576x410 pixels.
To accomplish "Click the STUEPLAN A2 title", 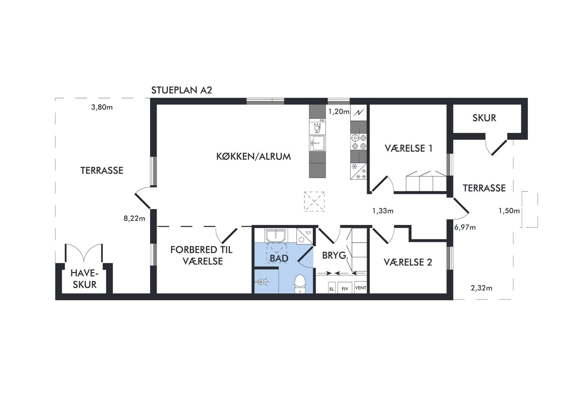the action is pos(181,90).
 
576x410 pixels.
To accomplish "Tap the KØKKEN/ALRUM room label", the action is pos(253,157).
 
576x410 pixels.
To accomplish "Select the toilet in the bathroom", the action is pos(300,284).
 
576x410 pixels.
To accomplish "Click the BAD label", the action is pos(279,258).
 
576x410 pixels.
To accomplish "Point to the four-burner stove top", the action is pos(358,142).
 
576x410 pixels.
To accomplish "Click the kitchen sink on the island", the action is pos(317,143).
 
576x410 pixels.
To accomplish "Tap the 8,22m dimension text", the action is pos(134,219).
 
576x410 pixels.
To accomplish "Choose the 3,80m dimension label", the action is pos(102,107).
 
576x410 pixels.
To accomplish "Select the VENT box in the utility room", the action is pos(360,287).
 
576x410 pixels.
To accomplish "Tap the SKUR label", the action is pos(484,118).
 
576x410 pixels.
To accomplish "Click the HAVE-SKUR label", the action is pos(85,279).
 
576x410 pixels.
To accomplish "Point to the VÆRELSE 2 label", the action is pos(408,262).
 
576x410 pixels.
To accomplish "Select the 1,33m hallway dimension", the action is pos(383,211).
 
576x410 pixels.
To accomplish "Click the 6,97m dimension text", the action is pos(465,228).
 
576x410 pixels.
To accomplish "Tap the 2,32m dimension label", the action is pos(481,288).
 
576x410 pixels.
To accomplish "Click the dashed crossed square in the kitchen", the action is pos(314,201).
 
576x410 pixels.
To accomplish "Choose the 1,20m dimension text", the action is pos(339,112).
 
